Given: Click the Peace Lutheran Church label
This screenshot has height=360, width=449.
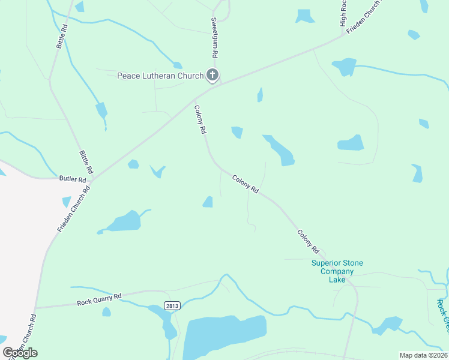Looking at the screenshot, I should point(160,76).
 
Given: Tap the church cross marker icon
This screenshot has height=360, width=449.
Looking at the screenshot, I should point(212,75).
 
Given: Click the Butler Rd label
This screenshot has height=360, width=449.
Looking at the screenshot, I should point(72,179).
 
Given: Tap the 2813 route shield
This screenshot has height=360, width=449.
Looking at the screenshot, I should point(172,305).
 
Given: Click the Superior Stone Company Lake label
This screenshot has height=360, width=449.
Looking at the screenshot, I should point(337,271).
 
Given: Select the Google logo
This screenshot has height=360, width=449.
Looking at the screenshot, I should point(20,352).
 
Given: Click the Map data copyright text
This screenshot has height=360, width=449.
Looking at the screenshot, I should point(424,355).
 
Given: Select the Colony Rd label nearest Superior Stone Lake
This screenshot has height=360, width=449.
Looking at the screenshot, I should point(307,241).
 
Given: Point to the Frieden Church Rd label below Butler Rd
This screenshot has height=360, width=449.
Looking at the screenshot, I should point(74,209).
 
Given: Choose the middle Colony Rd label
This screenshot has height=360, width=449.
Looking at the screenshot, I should point(246,184).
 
